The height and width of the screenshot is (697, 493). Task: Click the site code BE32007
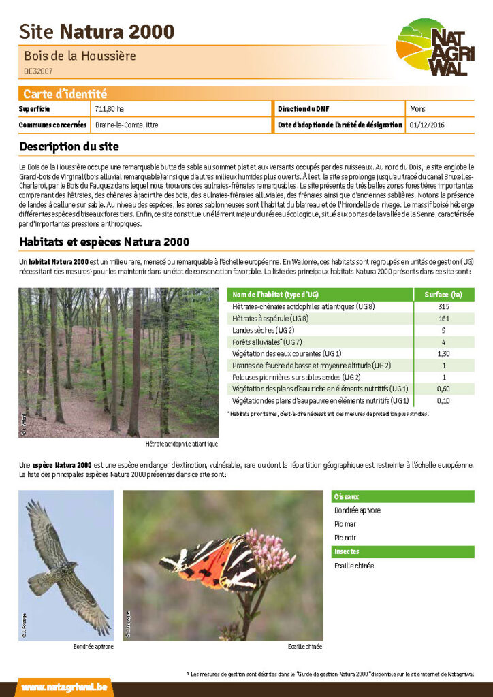tap(38, 71)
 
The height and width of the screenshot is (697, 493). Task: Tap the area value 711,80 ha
tap(110, 109)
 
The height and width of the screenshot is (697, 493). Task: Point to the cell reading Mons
tap(417, 109)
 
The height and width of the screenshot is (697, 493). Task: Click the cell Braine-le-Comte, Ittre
tap(127, 125)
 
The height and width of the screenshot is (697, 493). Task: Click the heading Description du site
tap(69, 146)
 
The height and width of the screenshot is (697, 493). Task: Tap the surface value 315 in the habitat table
tap(443, 306)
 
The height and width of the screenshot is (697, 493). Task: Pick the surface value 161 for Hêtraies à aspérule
tap(443, 318)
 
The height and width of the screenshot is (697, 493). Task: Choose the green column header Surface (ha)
tap(443, 294)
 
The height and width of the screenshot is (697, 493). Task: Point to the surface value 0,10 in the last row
tap(443, 400)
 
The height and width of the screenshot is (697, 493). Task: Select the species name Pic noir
tap(345, 538)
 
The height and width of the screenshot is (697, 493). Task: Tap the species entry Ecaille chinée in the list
tap(354, 566)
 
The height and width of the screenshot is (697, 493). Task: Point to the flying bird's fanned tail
tap(42, 583)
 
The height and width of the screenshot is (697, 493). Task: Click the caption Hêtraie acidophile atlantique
tap(182, 444)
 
